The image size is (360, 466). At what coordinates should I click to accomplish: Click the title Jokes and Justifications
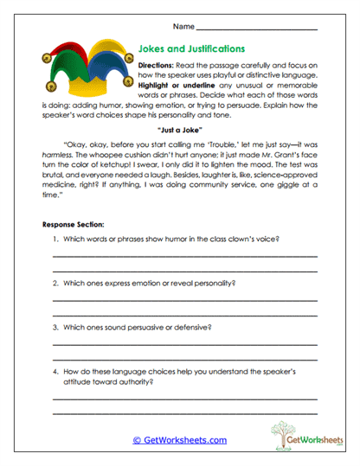(x=191, y=49)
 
